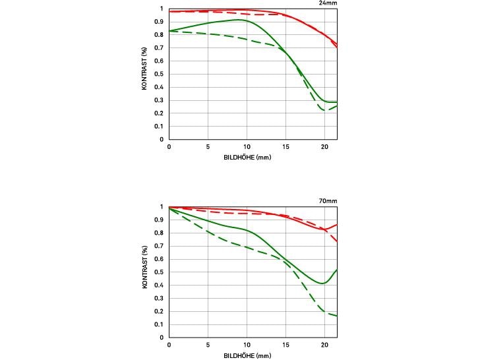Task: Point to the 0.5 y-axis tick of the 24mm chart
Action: coord(160,74)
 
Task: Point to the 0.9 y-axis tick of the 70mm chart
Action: coord(160,220)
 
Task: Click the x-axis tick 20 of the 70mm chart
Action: coord(324,345)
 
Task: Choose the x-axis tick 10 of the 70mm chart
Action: coord(247,345)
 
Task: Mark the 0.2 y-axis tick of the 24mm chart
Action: coord(160,113)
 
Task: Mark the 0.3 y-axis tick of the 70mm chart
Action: coord(160,298)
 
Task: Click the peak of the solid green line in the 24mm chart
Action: coord(240,20)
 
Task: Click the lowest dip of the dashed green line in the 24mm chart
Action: coord(325,109)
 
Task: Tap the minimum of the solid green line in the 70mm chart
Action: coord(322,284)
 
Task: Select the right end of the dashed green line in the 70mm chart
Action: coord(337,316)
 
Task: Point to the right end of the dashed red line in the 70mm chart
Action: coord(337,241)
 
